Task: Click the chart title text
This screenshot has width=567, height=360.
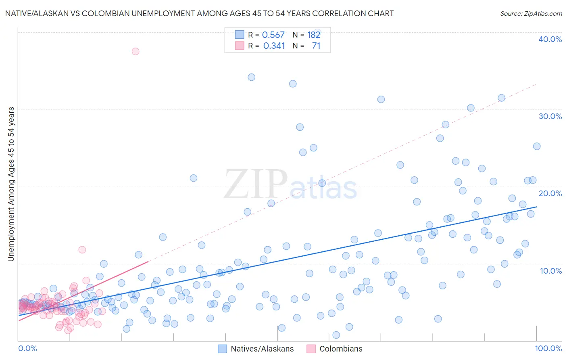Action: tap(199, 13)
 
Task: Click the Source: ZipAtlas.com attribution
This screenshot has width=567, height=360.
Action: tap(531, 13)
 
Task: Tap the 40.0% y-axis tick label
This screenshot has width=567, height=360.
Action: tap(550, 39)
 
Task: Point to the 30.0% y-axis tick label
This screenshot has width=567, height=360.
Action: tap(550, 116)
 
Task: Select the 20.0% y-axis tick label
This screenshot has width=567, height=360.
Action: tap(550, 193)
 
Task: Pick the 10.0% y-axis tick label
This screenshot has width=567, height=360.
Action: tap(551, 271)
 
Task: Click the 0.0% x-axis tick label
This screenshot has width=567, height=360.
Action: tap(27, 348)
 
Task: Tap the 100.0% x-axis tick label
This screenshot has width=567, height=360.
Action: tap(548, 348)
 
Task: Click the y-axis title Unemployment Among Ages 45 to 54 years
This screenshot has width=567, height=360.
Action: tap(11, 184)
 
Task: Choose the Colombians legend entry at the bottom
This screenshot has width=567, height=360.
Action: tap(334, 349)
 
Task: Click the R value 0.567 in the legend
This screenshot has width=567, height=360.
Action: tap(273, 35)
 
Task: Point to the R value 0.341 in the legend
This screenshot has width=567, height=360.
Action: tap(274, 46)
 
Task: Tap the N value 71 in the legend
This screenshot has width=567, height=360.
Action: tap(316, 46)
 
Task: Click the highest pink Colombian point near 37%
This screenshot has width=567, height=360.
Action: tap(135, 51)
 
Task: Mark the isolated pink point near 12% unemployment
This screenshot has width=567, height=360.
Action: tap(82, 249)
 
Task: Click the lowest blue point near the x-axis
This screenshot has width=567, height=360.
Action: tap(336, 335)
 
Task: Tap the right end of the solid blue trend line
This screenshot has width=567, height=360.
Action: tap(536, 207)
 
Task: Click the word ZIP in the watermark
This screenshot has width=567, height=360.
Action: tap(256, 184)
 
